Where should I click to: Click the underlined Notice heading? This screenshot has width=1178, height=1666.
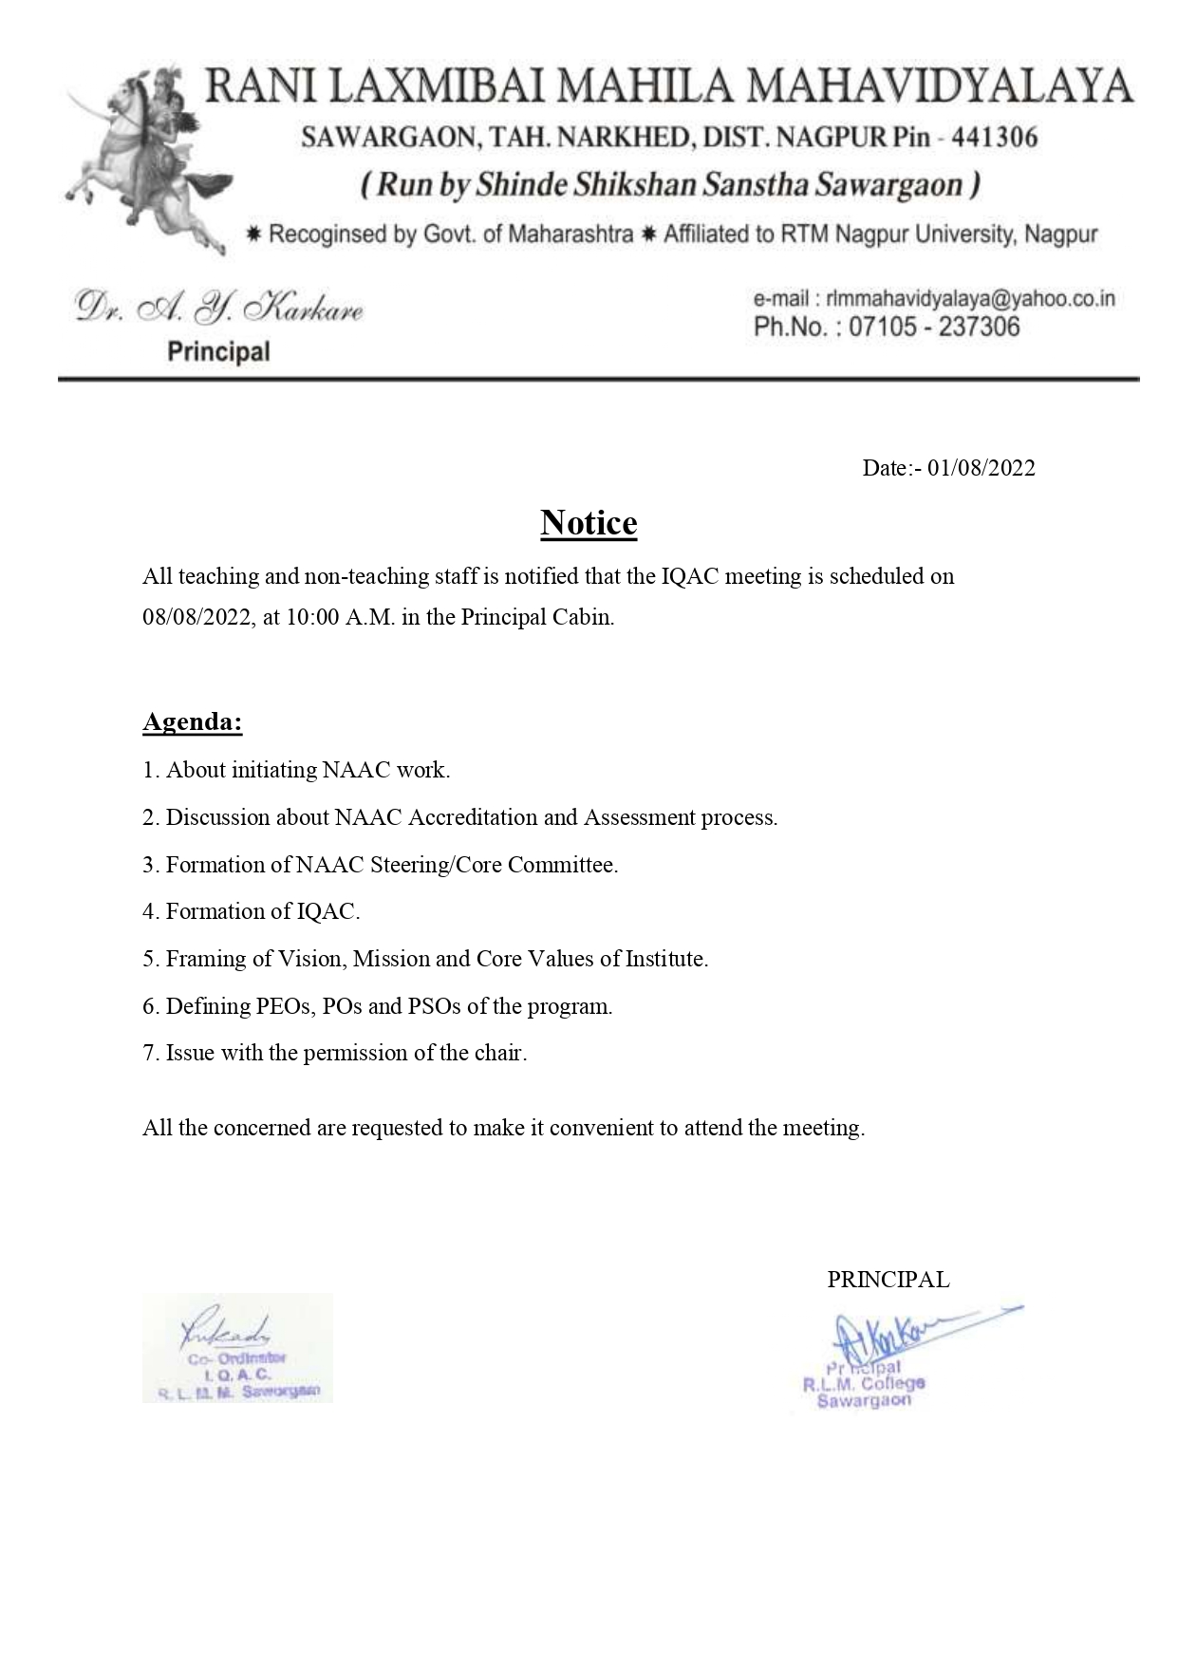(589, 523)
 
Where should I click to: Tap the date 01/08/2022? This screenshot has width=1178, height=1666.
(982, 468)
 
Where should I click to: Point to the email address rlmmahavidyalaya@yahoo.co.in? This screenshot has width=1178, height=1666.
(970, 299)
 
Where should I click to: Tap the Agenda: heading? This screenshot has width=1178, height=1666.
(193, 722)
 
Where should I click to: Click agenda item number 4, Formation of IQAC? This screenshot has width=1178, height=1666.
(252, 912)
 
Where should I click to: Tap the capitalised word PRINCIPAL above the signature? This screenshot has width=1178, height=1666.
(888, 1280)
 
